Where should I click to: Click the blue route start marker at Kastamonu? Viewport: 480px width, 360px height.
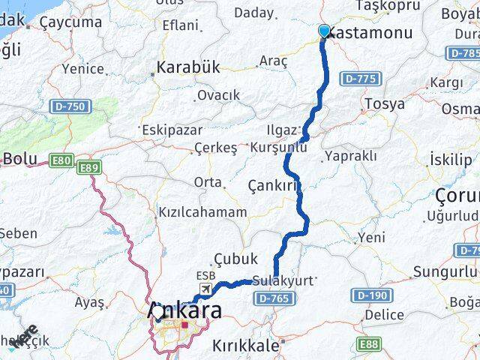pyautogui.click(x=324, y=31)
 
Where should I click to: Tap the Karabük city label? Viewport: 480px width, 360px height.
pyautogui.click(x=188, y=67)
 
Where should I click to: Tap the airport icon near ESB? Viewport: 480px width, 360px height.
pyautogui.click(x=204, y=289)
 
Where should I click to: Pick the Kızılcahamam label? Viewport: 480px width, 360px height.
pyautogui.click(x=202, y=212)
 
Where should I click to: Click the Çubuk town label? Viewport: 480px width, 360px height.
pyautogui.click(x=235, y=258)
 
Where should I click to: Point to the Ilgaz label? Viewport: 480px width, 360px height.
pyautogui.click(x=286, y=129)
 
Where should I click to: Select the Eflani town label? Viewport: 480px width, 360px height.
pyautogui.click(x=180, y=25)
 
